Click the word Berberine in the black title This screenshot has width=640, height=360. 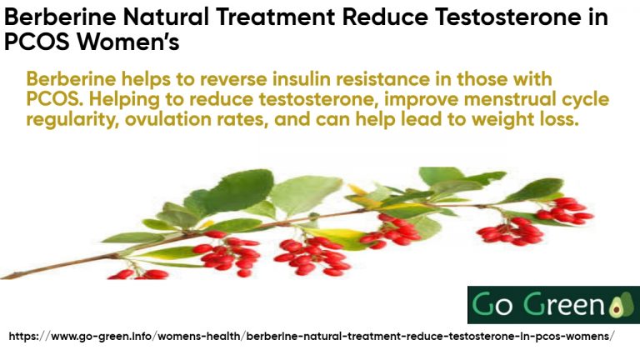pos(56,17)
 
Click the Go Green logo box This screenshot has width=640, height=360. pos(552,305)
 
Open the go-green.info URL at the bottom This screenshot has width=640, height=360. pos(312,336)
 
